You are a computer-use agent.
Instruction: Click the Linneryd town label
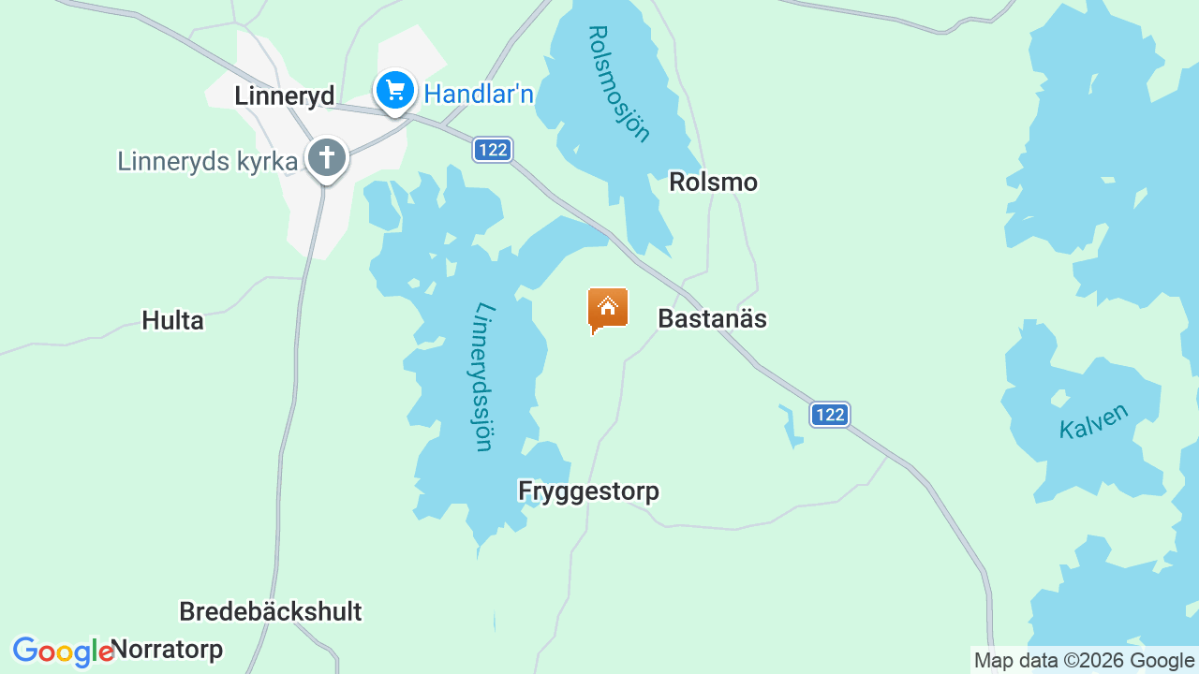[x=284, y=95]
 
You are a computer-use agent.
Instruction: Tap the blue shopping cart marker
[x=395, y=91]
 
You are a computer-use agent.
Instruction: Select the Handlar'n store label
[x=479, y=94]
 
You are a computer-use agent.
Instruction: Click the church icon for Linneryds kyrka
[x=326, y=157]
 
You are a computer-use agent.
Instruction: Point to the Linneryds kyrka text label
[x=207, y=161]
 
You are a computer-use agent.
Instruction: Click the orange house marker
[x=607, y=308]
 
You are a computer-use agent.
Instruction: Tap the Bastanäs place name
[x=712, y=319]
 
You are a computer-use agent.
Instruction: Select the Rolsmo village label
[x=713, y=183]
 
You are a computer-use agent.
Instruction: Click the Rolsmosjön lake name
[x=618, y=83]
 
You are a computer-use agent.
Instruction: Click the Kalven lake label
[x=1094, y=422]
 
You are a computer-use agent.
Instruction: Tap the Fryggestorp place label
[x=588, y=491]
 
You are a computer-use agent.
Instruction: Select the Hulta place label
[x=172, y=321]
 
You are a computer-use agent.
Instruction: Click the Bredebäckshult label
[x=270, y=612]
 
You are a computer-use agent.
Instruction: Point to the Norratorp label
[x=168, y=649]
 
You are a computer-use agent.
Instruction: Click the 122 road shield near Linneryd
[x=492, y=150]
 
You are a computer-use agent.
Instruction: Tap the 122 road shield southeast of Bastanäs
[x=829, y=415]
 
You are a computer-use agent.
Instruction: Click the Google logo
[x=62, y=652]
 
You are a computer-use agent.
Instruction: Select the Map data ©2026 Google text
[x=1084, y=661]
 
